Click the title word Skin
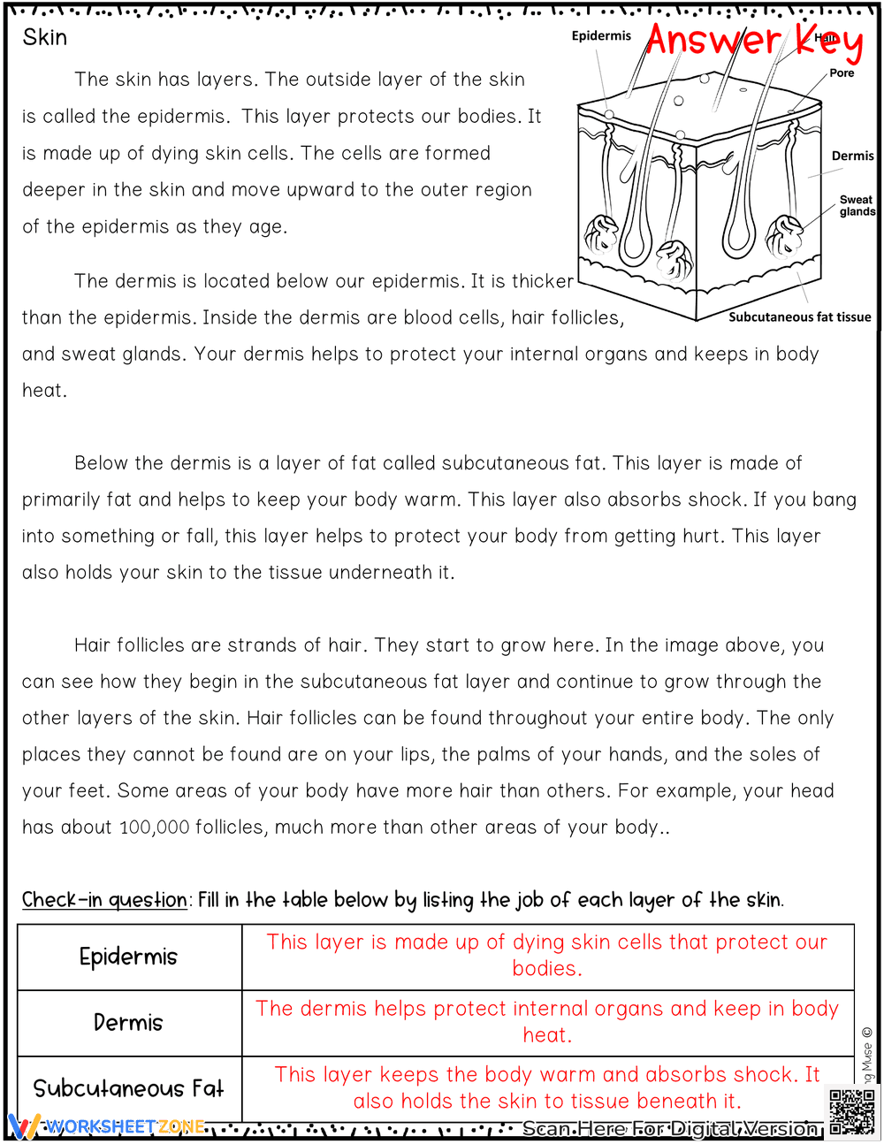pos(45,37)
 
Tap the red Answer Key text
pos(753,41)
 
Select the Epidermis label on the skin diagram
pos(601,36)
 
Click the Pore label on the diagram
pos(842,73)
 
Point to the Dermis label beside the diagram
pos(852,156)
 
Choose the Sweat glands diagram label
pos(856,206)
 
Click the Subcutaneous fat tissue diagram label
pos(799,317)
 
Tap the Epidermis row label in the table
pos(128,957)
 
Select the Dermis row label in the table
pos(128,1023)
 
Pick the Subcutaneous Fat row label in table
pos(128,1088)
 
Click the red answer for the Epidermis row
pos(547,955)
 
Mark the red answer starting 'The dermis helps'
pos(547,1021)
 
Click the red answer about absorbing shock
pos(547,1087)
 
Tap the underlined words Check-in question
pos(104,900)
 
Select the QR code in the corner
pos(851,1111)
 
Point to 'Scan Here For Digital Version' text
pos(669,1129)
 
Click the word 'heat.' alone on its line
pos(44,391)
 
